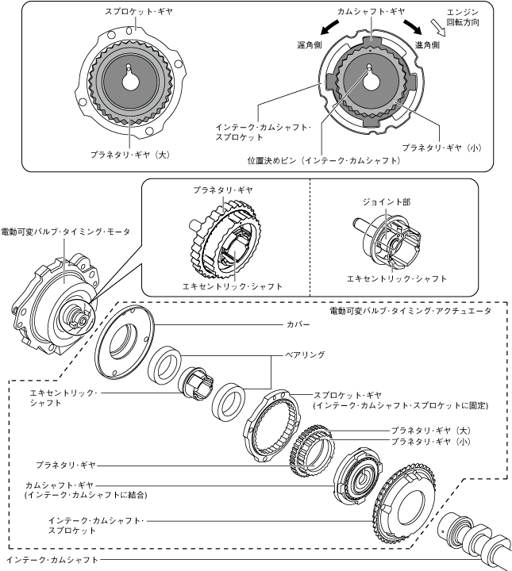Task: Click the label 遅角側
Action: [x=310, y=45]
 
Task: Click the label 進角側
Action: [x=427, y=44]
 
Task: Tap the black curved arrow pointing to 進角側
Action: [x=413, y=26]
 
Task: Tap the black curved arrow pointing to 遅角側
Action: [x=329, y=27]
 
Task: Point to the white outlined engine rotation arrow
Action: [x=438, y=28]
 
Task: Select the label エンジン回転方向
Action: [x=463, y=17]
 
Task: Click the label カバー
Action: [x=298, y=324]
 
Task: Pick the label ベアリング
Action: [x=305, y=354]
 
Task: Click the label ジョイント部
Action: [x=387, y=201]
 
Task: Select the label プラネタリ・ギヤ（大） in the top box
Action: [x=130, y=155]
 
